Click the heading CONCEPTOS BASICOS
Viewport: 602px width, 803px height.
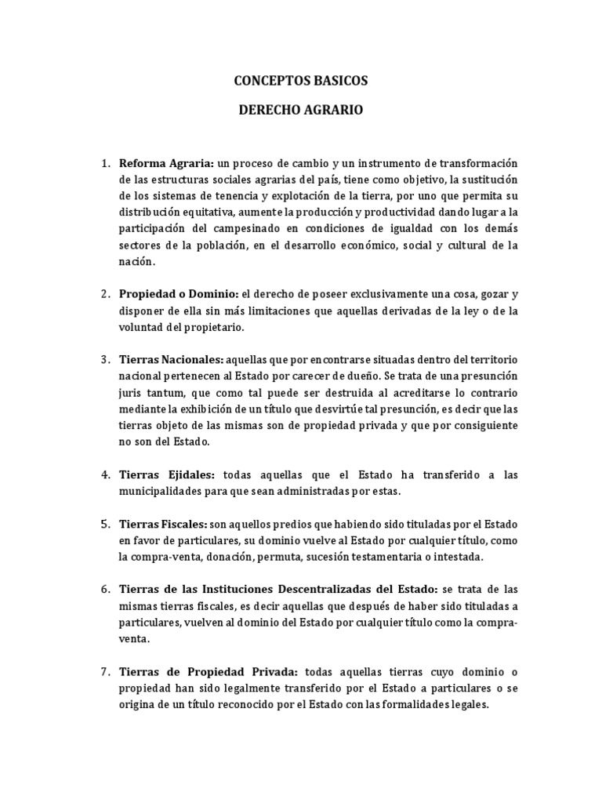[301, 81]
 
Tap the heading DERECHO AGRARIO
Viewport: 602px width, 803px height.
[301, 111]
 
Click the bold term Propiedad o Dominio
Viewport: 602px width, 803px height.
[178, 294]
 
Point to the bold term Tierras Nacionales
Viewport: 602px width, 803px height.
[171, 360]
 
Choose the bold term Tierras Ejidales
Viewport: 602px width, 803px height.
[166, 475]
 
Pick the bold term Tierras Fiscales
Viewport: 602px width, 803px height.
[163, 524]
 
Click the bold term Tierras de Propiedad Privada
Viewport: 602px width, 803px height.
[208, 671]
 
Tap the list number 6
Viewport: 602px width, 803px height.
[105, 589]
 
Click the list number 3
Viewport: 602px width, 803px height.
[105, 360]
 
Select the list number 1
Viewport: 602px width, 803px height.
[105, 163]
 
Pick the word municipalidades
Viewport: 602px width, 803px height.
[166, 492]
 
